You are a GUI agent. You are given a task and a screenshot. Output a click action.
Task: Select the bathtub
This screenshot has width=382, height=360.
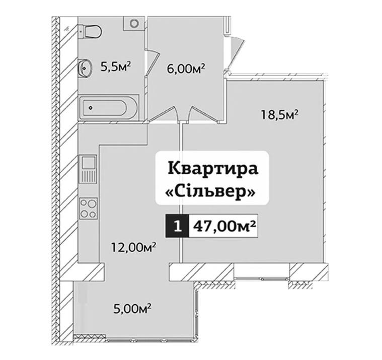click(x=109, y=107)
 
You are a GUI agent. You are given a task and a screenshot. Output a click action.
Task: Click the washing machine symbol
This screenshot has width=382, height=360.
click(x=134, y=23)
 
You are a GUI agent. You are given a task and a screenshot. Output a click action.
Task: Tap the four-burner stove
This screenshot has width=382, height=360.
click(x=88, y=208)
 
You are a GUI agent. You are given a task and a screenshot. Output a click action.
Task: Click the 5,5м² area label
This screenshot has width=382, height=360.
click(x=116, y=66)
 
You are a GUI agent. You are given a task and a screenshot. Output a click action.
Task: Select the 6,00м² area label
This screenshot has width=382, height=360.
click(x=186, y=68)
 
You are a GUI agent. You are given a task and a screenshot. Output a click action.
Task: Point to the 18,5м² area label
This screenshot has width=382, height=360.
click(x=280, y=115)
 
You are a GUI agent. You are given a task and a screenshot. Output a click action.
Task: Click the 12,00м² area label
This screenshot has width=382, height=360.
click(x=134, y=247)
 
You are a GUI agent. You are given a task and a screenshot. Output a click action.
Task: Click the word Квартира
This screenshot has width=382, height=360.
click(x=213, y=169)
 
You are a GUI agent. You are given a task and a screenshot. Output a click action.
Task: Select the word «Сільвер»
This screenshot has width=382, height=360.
click(x=210, y=192)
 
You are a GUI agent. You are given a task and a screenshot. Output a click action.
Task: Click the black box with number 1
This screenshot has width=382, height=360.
click(x=177, y=226)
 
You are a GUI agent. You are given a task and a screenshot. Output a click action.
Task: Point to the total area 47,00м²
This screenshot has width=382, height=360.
click(x=224, y=226)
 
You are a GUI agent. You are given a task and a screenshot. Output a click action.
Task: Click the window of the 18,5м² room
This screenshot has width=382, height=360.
click(x=262, y=278)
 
